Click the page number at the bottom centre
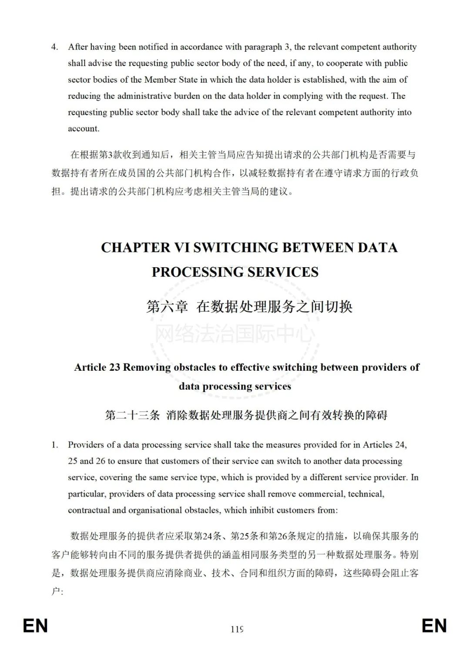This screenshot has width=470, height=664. click(x=237, y=629)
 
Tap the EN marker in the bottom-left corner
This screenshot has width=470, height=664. click(x=35, y=626)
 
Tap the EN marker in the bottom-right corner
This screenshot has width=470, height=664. click(x=434, y=626)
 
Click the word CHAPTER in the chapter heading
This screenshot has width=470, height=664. click(x=136, y=248)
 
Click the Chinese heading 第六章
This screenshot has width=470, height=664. click(x=167, y=306)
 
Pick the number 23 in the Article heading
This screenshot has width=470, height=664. click(x=114, y=367)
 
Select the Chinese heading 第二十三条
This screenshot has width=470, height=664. click(x=132, y=415)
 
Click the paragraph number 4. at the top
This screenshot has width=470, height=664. click(x=55, y=47)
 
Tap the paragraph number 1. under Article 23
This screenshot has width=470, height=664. click(x=55, y=445)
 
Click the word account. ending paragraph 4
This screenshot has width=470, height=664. click(x=84, y=128)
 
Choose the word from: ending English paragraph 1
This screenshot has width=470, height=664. click(x=327, y=510)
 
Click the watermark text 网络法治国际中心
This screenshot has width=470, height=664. click(x=235, y=334)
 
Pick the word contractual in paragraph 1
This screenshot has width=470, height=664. click(x=89, y=510)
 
